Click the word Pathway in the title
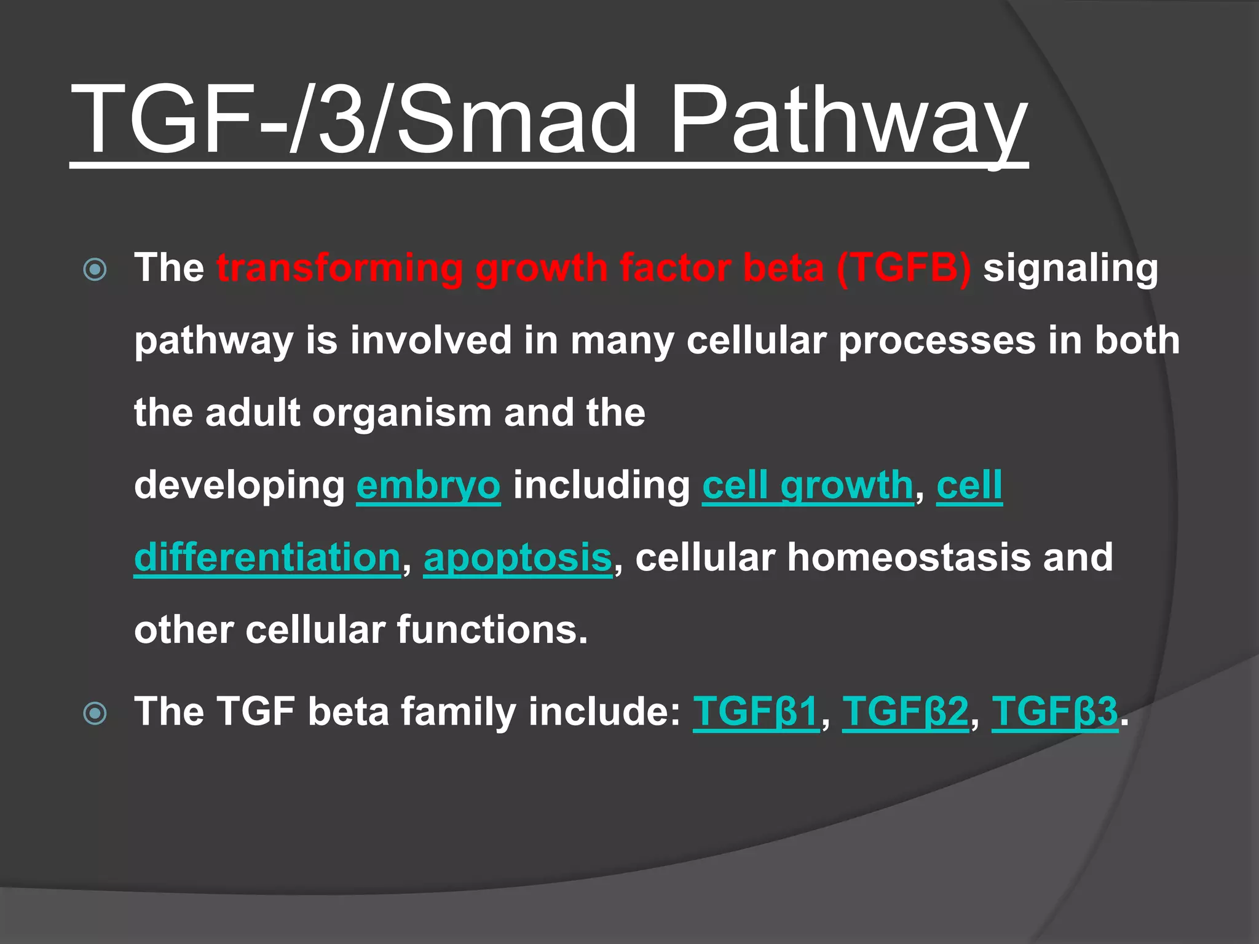(x=848, y=120)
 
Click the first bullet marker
(x=95, y=269)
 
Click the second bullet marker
(x=95, y=713)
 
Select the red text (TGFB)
(x=904, y=268)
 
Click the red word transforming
(x=339, y=268)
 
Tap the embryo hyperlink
(x=428, y=486)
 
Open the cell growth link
(x=808, y=486)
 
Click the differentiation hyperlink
(x=267, y=557)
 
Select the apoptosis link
(x=518, y=557)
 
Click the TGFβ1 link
(x=756, y=712)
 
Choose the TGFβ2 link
(x=905, y=712)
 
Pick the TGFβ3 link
(x=1055, y=712)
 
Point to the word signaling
(x=1070, y=269)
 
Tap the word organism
(x=402, y=413)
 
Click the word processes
(x=937, y=340)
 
